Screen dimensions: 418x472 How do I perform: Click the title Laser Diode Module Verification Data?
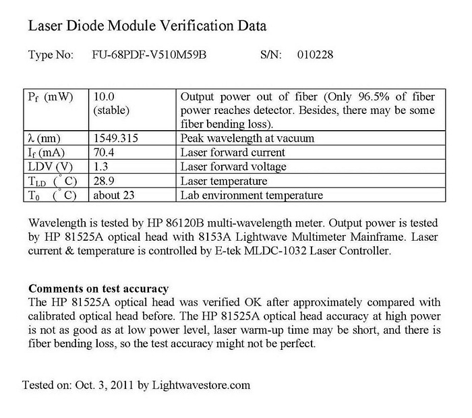click(147, 27)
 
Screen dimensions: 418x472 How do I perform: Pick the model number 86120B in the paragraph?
click(175, 223)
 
